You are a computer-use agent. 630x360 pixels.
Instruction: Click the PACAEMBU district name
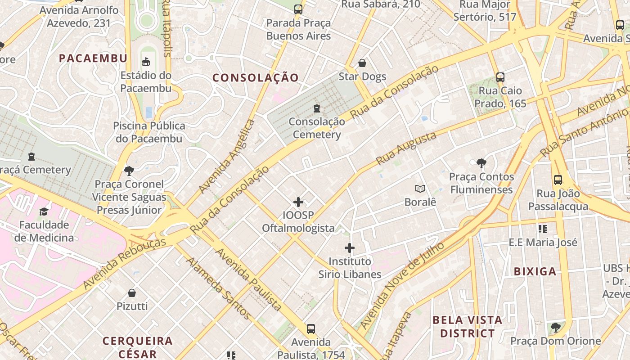point(93,58)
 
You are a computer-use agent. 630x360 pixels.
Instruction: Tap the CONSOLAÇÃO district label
point(255,78)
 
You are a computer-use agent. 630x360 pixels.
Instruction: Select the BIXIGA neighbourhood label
point(535,271)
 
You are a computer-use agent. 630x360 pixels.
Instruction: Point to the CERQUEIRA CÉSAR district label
point(138,347)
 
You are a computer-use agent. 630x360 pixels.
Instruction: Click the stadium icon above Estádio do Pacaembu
point(146,62)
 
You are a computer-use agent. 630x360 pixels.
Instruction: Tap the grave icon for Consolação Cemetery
point(317,108)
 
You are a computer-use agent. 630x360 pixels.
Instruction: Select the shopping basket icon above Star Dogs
point(362,63)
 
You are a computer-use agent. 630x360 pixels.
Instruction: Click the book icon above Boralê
point(420,189)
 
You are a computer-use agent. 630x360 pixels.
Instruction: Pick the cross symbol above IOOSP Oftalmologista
point(298,202)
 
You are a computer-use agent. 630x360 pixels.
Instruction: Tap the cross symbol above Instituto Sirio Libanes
point(350,248)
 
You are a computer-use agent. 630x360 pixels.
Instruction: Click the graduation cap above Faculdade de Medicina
point(44,211)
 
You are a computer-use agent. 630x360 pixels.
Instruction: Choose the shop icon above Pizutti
point(132,293)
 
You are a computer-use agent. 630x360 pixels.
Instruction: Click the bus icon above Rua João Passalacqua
point(558,180)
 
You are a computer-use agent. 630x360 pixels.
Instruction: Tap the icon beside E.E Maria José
point(543,229)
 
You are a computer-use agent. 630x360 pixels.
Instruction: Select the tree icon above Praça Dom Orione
point(555,327)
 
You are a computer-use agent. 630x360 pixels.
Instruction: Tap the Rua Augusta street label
point(406,148)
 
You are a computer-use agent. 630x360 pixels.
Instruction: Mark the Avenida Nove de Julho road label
point(402,285)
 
